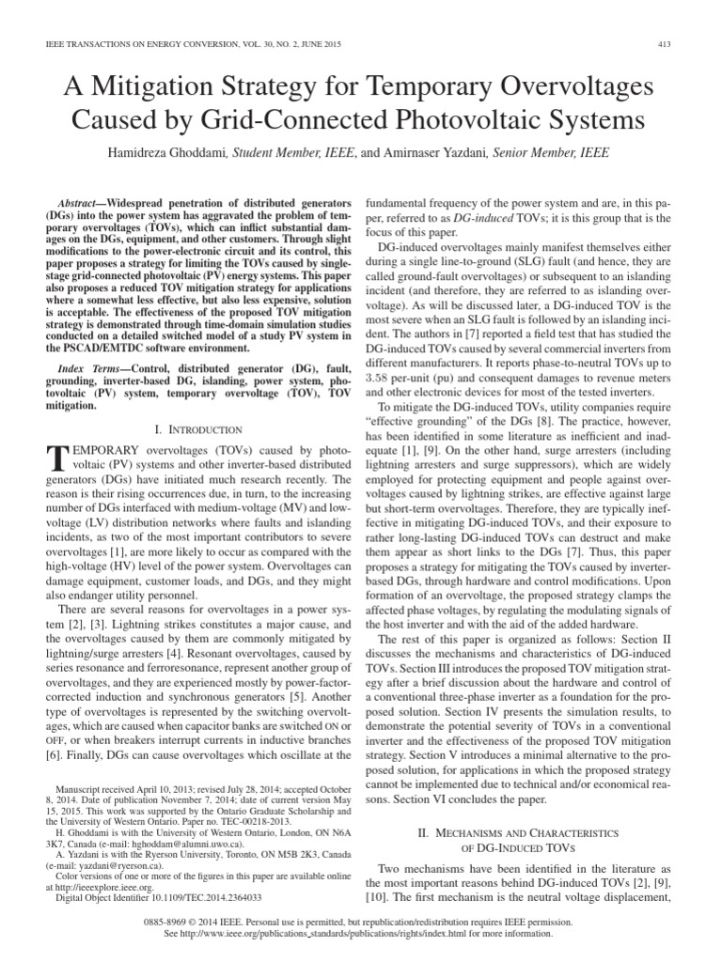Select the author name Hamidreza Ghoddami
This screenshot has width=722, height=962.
[x=188, y=157]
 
